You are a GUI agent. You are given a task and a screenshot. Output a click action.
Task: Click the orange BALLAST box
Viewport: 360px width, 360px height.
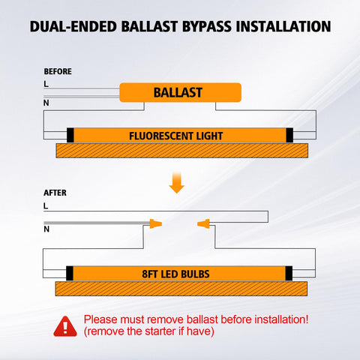(x=180, y=92)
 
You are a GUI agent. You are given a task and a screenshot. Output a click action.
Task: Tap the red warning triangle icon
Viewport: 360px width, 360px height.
(x=65, y=326)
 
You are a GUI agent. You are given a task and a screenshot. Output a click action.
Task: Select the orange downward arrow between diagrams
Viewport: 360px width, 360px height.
(x=177, y=183)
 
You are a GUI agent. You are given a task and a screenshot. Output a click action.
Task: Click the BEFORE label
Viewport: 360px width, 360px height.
(x=58, y=71)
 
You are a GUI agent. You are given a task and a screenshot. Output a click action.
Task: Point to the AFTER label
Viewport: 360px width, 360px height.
(x=55, y=193)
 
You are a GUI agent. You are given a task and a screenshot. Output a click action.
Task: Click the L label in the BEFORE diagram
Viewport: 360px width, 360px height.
(x=46, y=84)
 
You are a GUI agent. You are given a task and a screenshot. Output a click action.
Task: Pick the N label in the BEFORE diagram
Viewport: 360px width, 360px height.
(x=46, y=103)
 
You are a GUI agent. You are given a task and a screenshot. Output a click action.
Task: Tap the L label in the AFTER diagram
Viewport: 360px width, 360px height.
(x=46, y=205)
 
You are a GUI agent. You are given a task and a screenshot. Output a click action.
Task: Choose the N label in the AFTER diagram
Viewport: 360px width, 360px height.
(x=46, y=229)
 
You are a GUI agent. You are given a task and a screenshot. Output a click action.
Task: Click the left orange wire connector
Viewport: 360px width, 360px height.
(x=156, y=223)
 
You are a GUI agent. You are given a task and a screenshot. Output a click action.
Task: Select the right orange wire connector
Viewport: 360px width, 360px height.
(x=203, y=223)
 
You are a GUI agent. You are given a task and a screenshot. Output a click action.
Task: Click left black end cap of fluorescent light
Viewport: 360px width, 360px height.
(x=70, y=135)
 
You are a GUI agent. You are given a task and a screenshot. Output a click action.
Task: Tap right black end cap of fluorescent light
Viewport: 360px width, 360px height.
(x=289, y=135)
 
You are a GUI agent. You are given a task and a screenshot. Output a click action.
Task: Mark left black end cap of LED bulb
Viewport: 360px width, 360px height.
(x=70, y=273)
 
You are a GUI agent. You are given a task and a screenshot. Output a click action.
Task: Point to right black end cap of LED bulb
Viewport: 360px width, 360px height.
(x=289, y=273)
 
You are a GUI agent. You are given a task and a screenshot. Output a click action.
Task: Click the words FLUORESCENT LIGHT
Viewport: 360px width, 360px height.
(x=175, y=136)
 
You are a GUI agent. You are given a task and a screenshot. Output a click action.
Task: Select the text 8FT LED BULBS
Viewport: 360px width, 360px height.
(x=175, y=274)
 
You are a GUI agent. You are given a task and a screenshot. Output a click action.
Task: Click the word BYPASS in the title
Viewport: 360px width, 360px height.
(x=207, y=26)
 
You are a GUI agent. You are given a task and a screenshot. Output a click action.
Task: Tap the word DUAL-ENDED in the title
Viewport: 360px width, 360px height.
(x=73, y=26)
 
